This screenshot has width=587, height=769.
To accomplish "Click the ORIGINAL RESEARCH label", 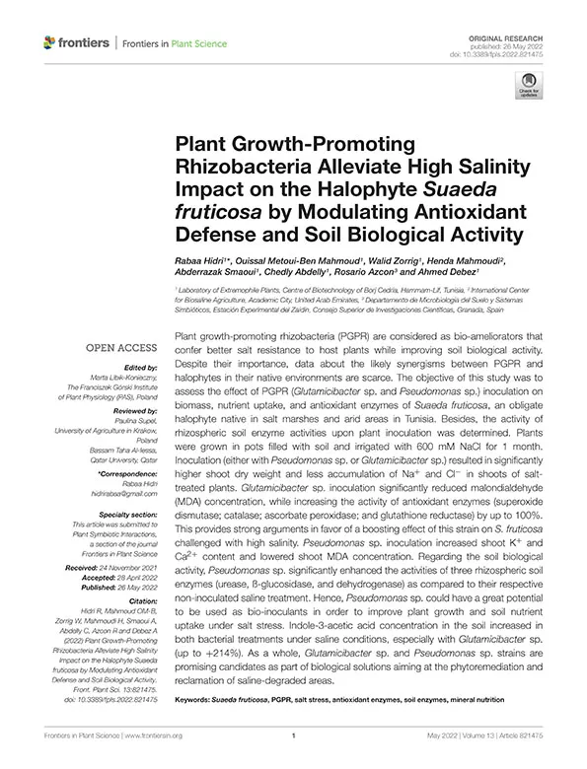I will pos(512,35).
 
